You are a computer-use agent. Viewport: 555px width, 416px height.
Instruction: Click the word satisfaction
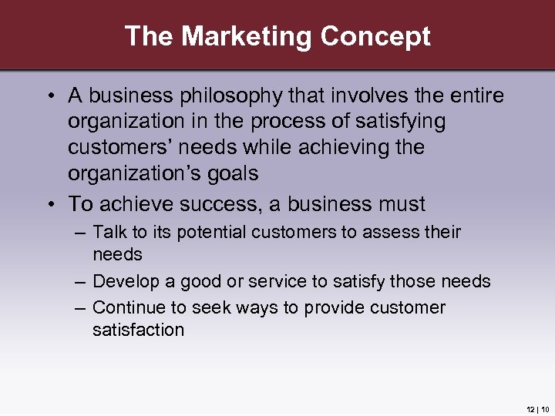click(138, 330)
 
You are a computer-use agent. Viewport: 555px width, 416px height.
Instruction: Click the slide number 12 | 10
click(537, 408)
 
